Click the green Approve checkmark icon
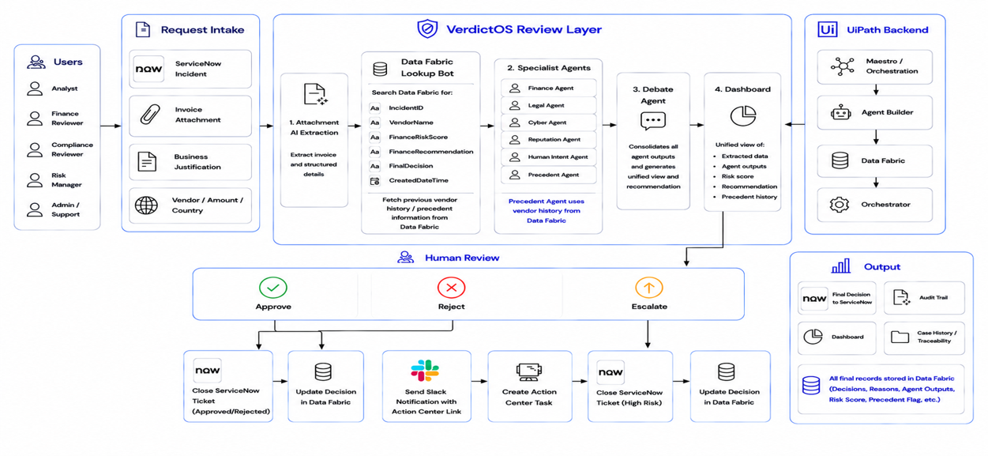coord(273,288)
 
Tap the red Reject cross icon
coord(451,288)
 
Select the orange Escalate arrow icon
coord(649,288)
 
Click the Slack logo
coord(425,371)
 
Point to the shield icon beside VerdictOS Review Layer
coord(427,28)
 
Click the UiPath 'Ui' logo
coord(828,29)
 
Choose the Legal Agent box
coord(549,105)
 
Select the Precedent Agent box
coord(549,175)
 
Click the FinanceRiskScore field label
coord(418,138)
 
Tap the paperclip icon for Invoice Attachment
coord(150,115)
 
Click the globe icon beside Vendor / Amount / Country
coord(146,205)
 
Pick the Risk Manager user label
coord(66,180)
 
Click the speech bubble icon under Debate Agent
coord(653,121)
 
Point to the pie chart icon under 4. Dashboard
coord(742,115)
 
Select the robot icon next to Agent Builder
coord(840,113)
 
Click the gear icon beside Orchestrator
coord(839,205)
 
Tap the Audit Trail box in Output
coord(924,298)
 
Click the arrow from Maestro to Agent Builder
coord(876,89)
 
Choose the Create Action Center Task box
coord(530,386)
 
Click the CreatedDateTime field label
coord(419,180)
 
